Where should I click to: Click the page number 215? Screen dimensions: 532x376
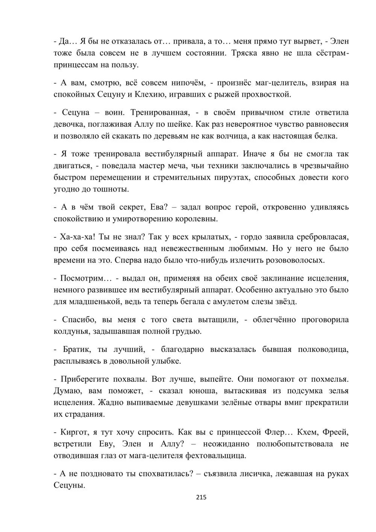201,497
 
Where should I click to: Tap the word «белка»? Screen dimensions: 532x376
326,136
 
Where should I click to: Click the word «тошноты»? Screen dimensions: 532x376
112,189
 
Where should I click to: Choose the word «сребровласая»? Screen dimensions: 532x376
320,237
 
